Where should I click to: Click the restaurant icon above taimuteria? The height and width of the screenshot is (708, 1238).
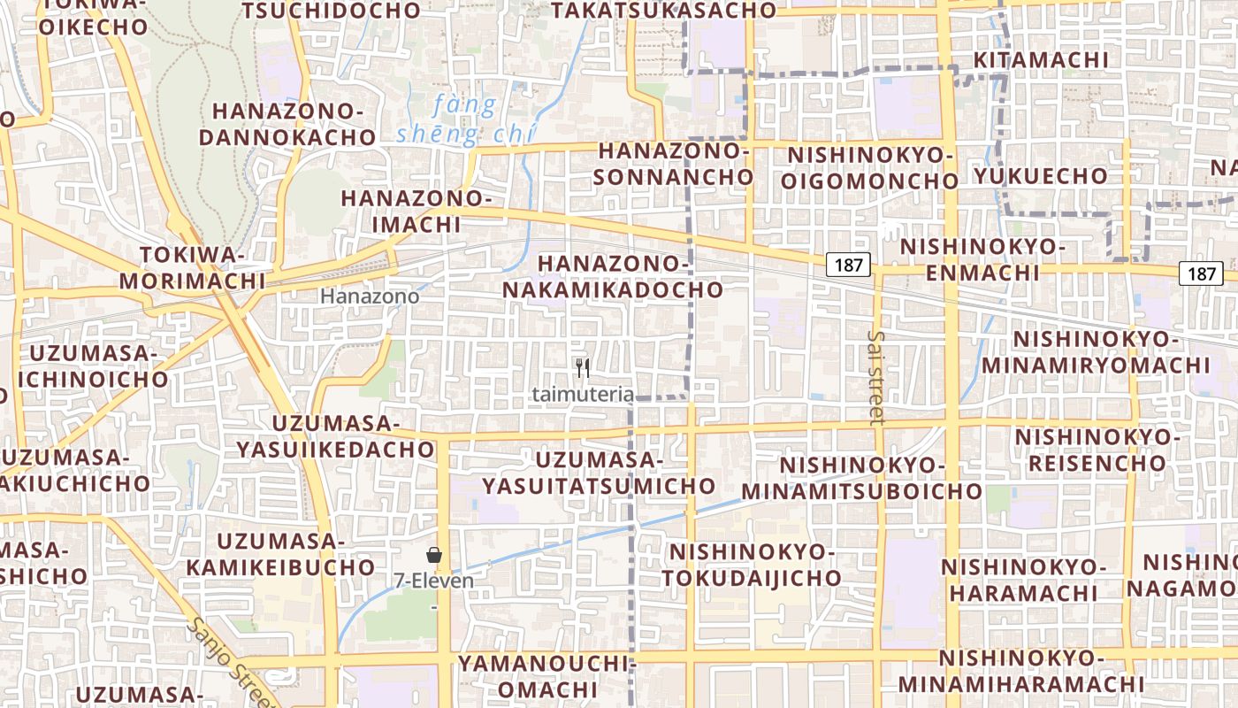pos(582,368)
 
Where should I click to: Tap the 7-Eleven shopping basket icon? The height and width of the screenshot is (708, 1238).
pos(434,556)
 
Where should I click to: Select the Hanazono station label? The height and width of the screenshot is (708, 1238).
pos(370,296)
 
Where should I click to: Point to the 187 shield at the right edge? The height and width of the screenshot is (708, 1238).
pos(1201,273)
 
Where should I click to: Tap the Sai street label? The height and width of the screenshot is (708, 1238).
pos(876,378)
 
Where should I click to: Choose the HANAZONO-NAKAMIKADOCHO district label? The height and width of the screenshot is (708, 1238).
pos(613,276)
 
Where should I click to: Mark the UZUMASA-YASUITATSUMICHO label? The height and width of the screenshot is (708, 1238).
pos(599,473)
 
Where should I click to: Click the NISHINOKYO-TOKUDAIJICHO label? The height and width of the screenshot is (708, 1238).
pos(755,565)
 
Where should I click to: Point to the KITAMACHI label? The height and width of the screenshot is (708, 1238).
pos(1041,60)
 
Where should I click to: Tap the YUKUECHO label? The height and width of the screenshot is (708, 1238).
pos(1041,175)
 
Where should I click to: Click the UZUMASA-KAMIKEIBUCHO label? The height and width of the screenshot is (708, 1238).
pos(282,554)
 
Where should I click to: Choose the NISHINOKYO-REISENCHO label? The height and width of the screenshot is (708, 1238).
pos(1097,450)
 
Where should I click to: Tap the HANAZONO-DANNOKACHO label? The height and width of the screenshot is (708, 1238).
pos(288,125)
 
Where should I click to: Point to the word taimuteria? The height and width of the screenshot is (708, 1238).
pos(583,395)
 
